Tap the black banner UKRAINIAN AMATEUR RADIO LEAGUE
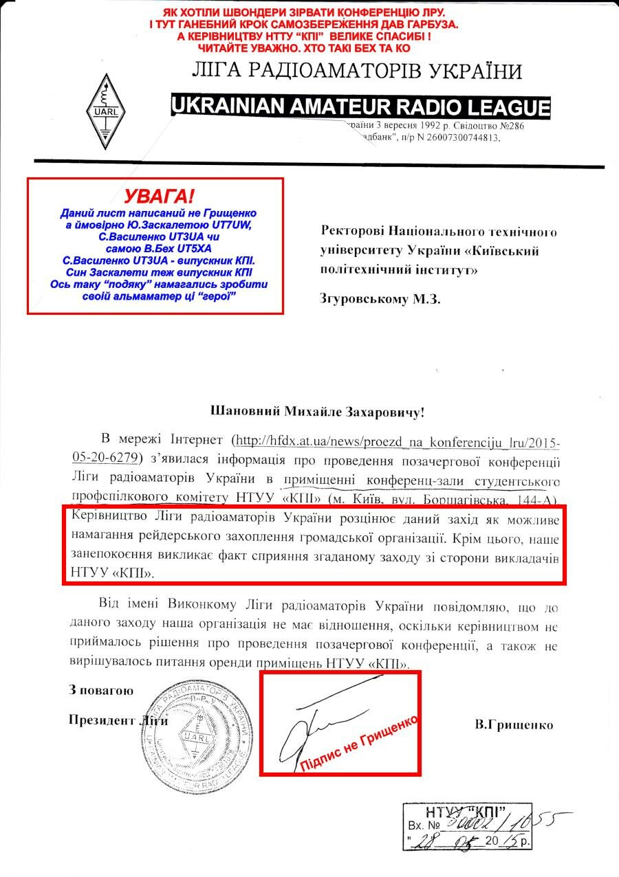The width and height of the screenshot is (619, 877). click(360, 107)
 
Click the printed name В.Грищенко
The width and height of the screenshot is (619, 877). click(514, 724)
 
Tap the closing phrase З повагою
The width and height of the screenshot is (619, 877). click(100, 690)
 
